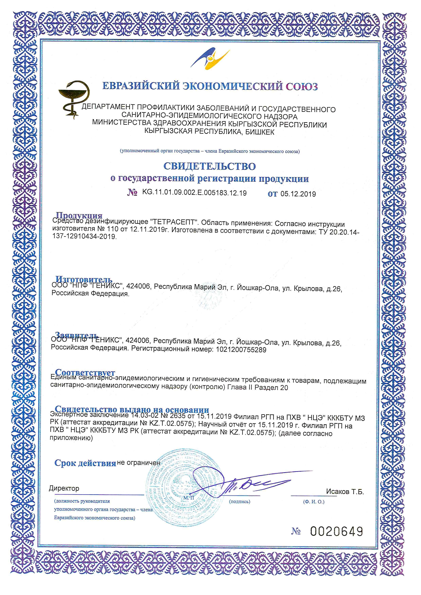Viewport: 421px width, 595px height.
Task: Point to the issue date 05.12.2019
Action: [298, 194]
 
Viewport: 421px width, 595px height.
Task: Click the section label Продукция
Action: [79, 215]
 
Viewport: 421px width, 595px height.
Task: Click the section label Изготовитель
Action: [84, 279]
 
